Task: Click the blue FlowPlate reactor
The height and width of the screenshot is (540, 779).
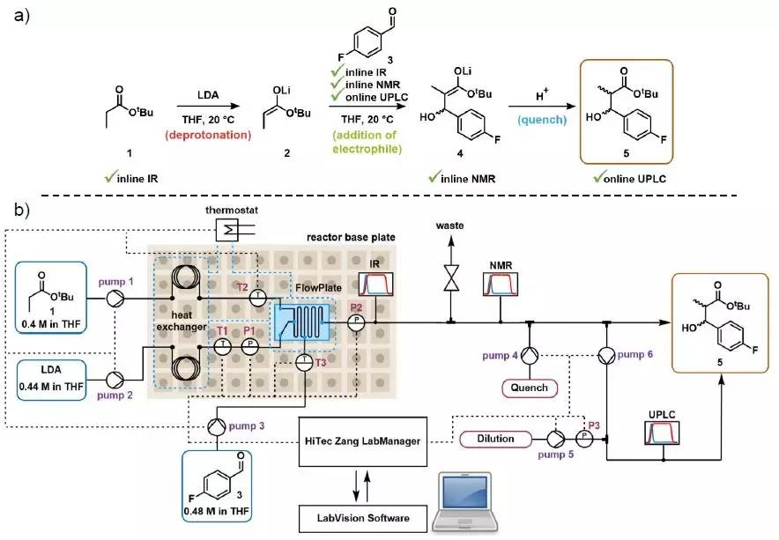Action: [303, 322]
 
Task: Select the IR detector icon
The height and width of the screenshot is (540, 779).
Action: [375, 285]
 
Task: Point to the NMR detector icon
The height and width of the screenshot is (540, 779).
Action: [501, 284]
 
